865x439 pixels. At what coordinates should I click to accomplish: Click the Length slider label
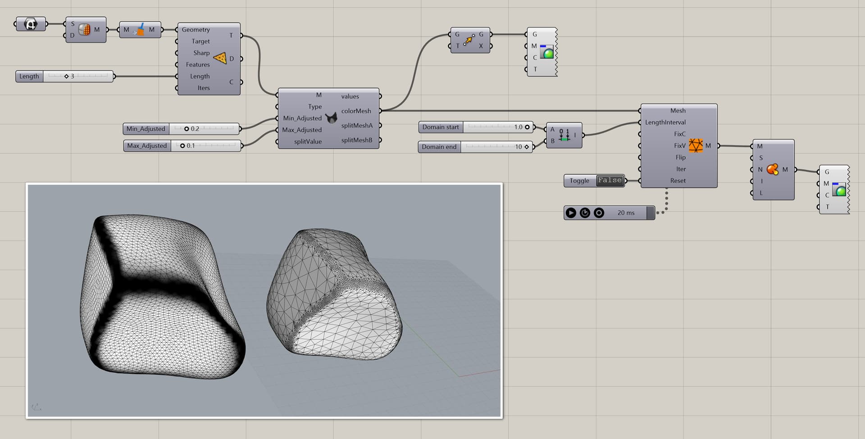tap(29, 77)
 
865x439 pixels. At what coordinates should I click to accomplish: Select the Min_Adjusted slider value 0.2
tap(195, 129)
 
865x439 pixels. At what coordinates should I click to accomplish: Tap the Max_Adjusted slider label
tap(147, 146)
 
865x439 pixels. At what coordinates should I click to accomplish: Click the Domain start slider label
tap(440, 127)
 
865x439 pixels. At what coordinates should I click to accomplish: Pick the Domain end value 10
tap(519, 147)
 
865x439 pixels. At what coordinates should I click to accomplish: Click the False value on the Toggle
tap(610, 181)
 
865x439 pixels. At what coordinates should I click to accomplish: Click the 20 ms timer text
tap(626, 213)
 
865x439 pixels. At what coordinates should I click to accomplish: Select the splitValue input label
tap(308, 141)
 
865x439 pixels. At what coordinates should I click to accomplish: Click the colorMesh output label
tap(356, 111)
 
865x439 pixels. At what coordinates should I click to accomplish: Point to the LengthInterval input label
tap(665, 122)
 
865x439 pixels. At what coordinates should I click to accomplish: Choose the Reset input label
tap(678, 181)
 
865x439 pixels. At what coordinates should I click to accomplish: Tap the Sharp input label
tap(201, 53)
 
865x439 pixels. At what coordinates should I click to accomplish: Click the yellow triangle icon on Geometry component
tap(220, 59)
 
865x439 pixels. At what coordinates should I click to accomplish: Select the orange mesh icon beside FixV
tap(696, 145)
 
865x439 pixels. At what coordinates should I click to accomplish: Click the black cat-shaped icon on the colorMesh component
tap(331, 118)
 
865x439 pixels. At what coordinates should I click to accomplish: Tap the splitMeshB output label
tap(356, 140)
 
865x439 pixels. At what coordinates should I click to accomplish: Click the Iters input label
tap(203, 88)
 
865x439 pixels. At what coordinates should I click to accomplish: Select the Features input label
tap(198, 65)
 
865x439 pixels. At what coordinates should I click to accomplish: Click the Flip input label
tap(680, 158)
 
